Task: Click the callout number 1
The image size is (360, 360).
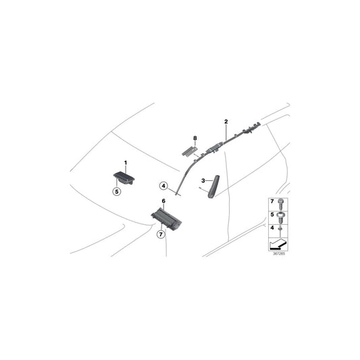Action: tap(126, 163)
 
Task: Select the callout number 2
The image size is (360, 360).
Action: tap(226, 122)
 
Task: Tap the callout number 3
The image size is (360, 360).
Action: tap(203, 181)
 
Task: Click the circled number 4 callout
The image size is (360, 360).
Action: tap(163, 186)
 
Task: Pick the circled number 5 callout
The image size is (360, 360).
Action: tap(117, 191)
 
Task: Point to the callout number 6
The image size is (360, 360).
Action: tap(163, 201)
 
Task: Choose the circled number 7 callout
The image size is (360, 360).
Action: tap(161, 234)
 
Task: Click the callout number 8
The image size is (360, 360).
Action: tap(195, 138)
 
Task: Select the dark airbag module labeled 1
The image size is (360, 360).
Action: tap(124, 178)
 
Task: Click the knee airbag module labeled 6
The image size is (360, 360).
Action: tap(166, 218)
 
